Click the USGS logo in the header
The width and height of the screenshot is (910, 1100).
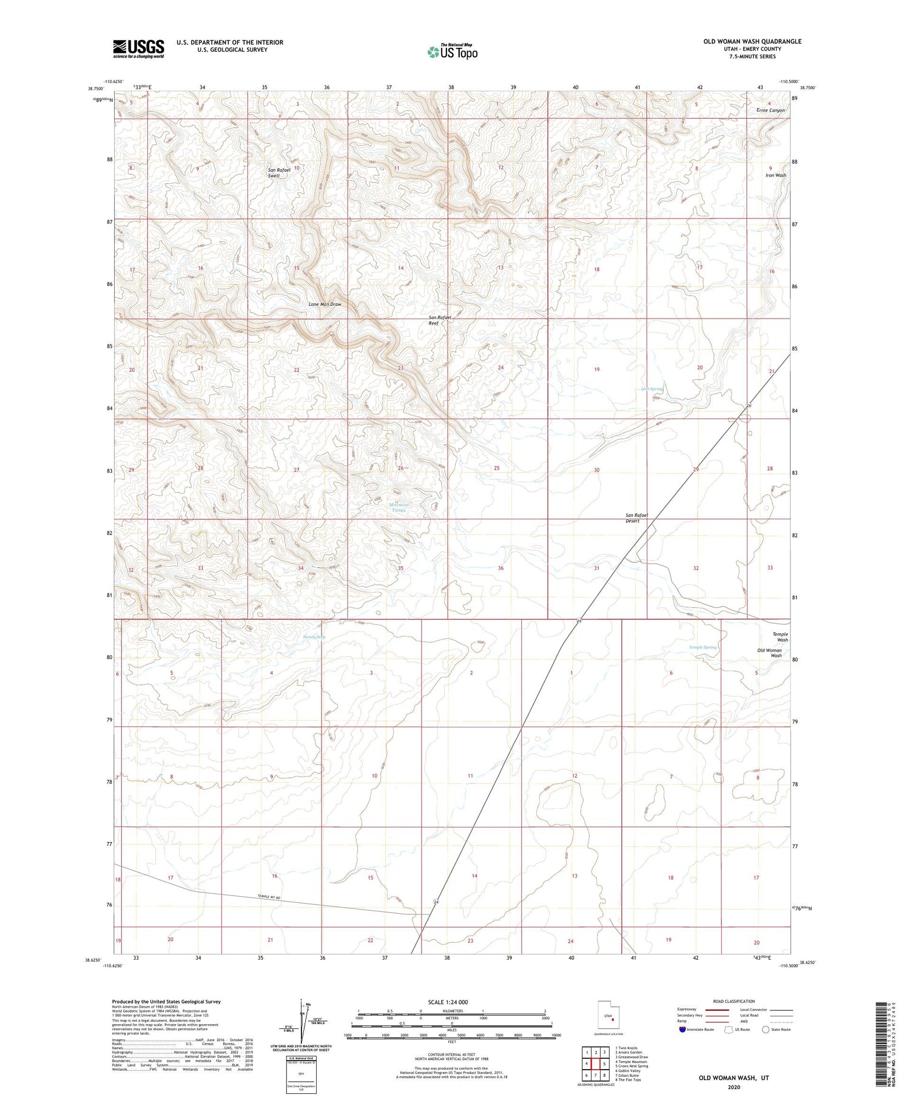(138, 49)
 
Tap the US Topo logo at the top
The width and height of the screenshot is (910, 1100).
(452, 52)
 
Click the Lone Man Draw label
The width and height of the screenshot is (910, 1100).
(325, 304)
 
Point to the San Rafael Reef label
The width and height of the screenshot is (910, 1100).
(440, 320)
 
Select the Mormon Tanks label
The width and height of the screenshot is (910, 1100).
(399, 508)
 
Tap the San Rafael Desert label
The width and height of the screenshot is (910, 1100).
(637, 518)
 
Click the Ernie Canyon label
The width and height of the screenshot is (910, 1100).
(770, 110)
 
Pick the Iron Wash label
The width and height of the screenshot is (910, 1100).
(775, 175)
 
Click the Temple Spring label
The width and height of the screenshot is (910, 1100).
(703, 647)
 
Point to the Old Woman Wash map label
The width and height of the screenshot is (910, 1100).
(769, 653)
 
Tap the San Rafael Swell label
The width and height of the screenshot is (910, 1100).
(279, 172)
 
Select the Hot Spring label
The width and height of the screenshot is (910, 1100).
(653, 389)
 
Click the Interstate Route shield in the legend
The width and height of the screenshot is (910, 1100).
(682, 1029)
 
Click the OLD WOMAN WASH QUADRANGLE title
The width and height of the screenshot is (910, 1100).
(752, 41)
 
